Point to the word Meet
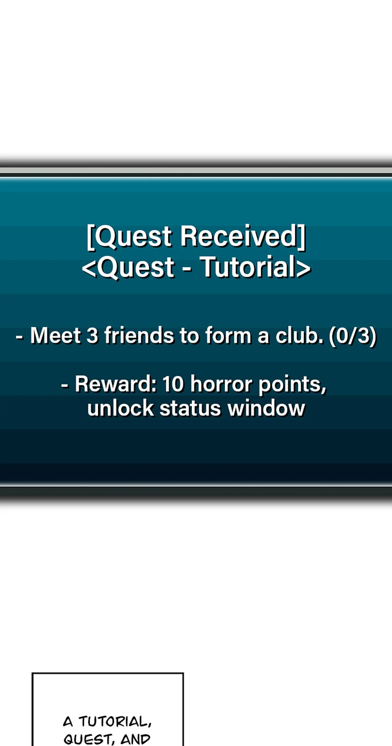pyautogui.click(x=55, y=335)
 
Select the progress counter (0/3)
pyautogui.click(x=353, y=336)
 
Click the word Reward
pyautogui.click(x=116, y=384)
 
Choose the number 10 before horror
pyautogui.click(x=173, y=384)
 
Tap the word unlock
pyautogui.click(x=121, y=408)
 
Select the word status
pyautogui.click(x=190, y=408)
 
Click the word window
pyautogui.click(x=266, y=408)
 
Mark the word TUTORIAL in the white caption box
pyautogui.click(x=115, y=722)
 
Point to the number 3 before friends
pyautogui.click(x=92, y=335)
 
